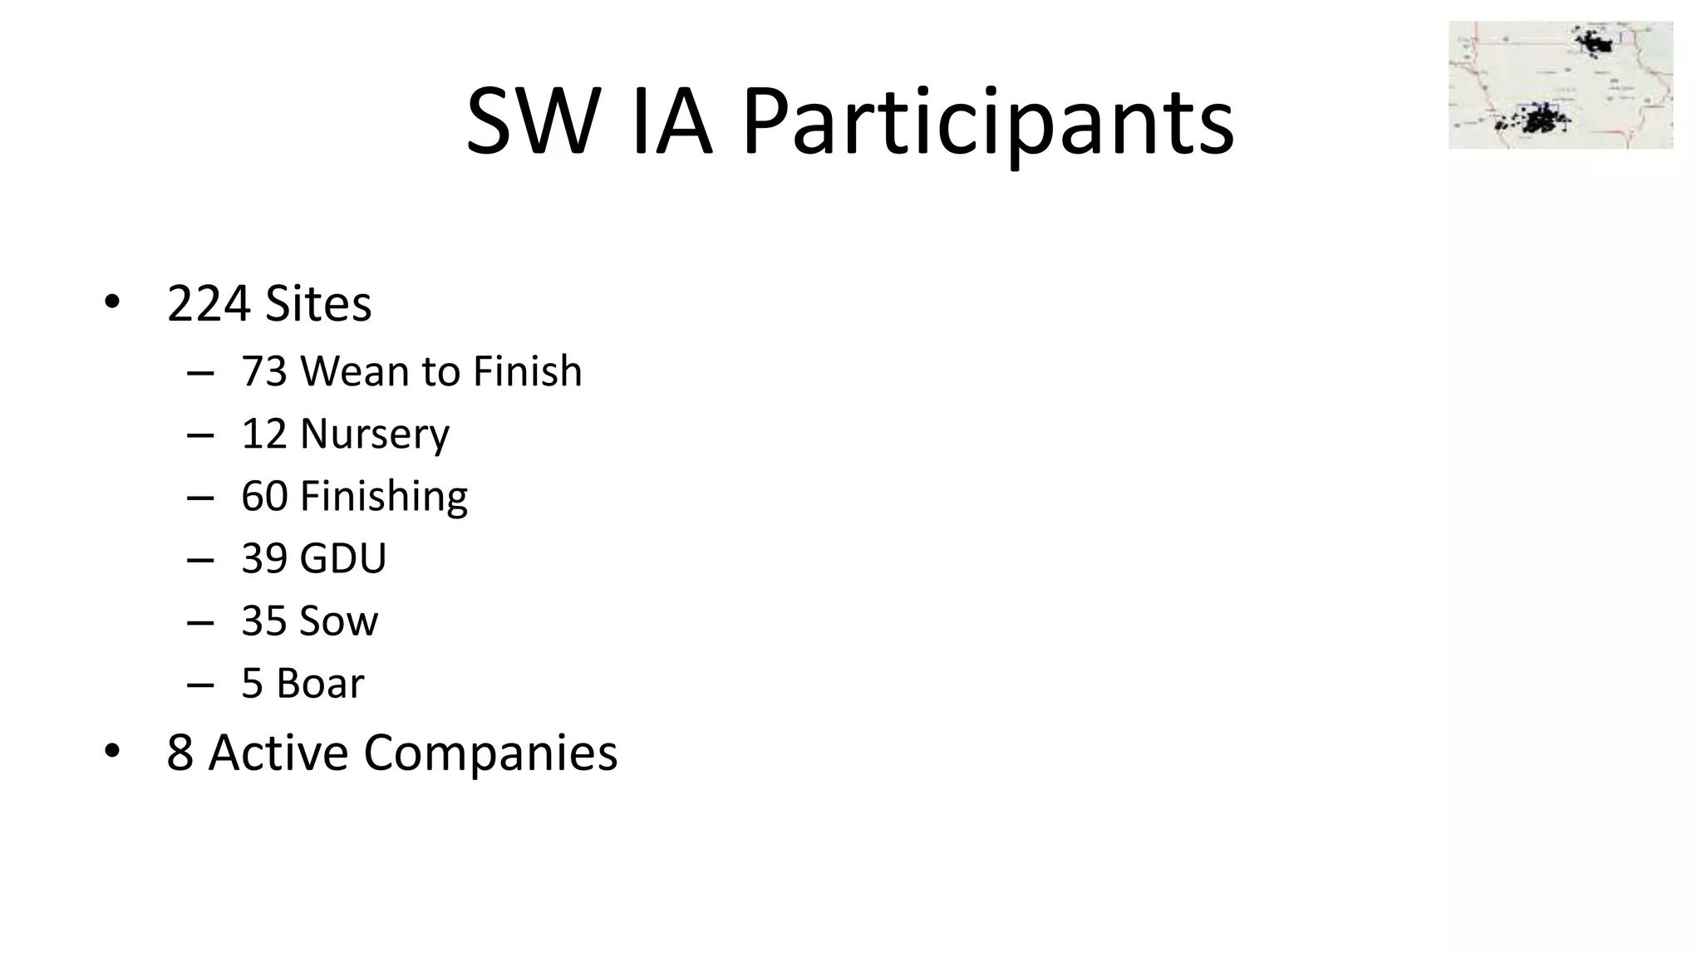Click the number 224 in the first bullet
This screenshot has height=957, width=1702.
point(209,304)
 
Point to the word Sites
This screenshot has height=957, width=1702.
point(318,304)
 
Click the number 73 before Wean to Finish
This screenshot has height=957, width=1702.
point(263,371)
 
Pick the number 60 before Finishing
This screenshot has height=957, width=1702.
point(263,496)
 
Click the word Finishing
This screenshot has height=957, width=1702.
point(383,497)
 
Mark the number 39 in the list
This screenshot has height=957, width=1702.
point(263,558)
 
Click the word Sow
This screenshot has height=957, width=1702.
point(338,621)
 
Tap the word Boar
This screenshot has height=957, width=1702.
point(319,684)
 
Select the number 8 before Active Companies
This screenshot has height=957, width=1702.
point(180,753)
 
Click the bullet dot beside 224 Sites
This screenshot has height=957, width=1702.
point(112,302)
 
